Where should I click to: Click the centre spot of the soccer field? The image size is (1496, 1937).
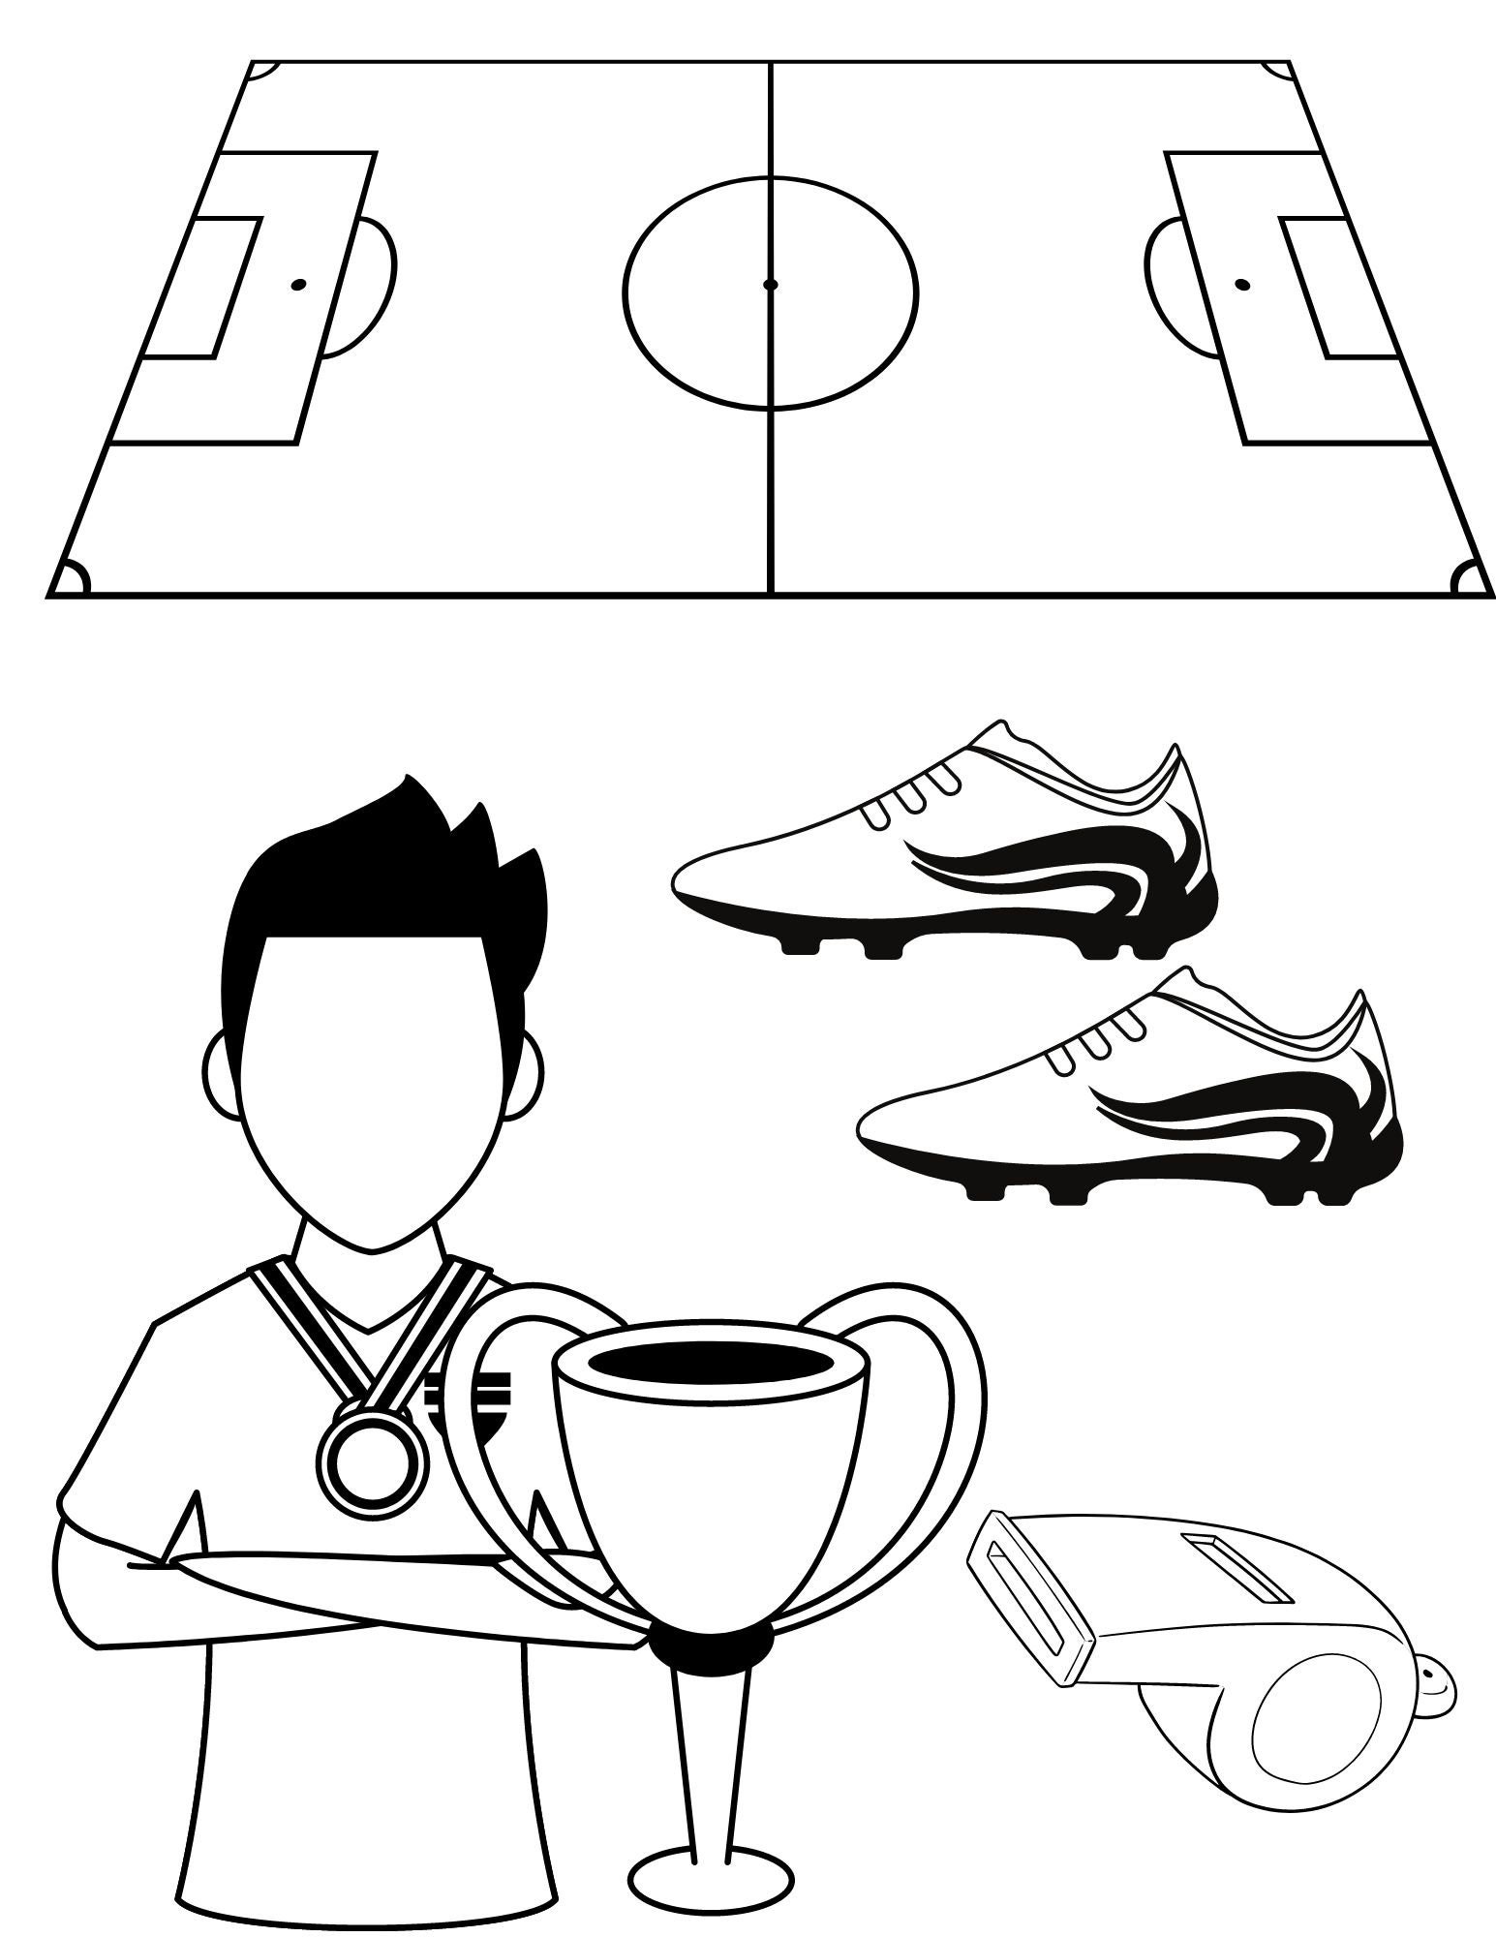tap(771, 285)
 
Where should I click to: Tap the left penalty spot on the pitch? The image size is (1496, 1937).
tap(298, 285)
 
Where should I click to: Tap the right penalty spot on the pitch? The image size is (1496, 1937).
tap(1241, 285)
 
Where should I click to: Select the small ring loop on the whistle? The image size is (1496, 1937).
tap(1439, 1691)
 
